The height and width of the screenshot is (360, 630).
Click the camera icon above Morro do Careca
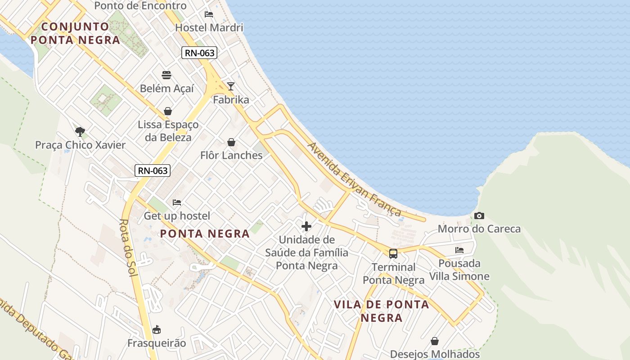click(x=479, y=216)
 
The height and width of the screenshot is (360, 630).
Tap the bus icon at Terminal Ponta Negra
click(x=393, y=253)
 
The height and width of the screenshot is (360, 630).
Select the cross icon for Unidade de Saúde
click(x=306, y=226)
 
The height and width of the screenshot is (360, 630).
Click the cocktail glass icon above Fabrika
click(x=231, y=86)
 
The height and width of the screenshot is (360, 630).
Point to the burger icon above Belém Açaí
click(x=166, y=75)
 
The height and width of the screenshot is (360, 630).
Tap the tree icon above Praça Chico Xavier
click(x=80, y=132)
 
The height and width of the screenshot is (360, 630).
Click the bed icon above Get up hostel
click(x=177, y=202)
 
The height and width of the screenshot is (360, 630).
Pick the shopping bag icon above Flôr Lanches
click(x=231, y=142)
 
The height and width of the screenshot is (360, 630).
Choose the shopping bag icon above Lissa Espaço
click(x=168, y=111)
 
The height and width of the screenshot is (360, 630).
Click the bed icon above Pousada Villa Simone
click(x=459, y=250)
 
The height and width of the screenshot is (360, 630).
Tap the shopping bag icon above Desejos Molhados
click(x=435, y=341)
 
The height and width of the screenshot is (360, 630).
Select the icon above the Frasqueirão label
click(x=157, y=330)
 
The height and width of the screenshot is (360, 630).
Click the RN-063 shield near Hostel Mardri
click(x=200, y=53)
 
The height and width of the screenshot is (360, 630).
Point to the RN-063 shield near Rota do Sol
click(x=153, y=171)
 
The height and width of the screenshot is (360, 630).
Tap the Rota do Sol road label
click(x=129, y=247)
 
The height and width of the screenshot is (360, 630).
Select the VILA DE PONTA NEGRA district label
click(x=382, y=311)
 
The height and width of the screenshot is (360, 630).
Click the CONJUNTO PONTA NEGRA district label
click(x=76, y=33)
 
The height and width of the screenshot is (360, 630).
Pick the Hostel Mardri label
click(x=209, y=27)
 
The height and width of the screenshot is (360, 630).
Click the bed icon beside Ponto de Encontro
click(x=209, y=14)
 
